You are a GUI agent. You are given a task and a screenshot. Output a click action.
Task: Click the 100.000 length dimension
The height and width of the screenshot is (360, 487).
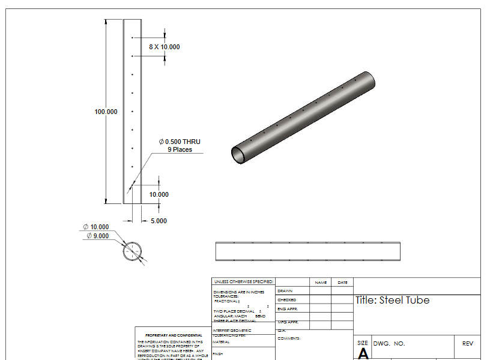click(x=106, y=112)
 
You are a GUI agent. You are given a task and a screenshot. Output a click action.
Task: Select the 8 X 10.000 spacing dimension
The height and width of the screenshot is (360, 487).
click(x=164, y=47)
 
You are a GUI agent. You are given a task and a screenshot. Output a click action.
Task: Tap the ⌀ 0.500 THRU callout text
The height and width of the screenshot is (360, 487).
click(x=180, y=142)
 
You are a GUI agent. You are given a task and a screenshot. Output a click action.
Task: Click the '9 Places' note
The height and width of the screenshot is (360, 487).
click(x=180, y=149)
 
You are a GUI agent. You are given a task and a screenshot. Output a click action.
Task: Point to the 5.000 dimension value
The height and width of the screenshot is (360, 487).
click(x=159, y=221)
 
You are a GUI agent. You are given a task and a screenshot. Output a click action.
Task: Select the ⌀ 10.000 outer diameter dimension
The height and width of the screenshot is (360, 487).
click(x=96, y=227)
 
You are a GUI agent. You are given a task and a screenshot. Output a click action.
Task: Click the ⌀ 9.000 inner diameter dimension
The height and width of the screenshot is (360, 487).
click(x=98, y=236)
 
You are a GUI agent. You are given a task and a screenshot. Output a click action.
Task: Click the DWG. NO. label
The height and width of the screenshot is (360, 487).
click(x=389, y=344)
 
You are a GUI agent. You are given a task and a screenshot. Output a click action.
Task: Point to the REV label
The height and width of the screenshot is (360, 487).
click(x=468, y=344)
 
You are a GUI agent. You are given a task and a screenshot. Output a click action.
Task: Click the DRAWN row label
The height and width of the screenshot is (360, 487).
click(x=285, y=291)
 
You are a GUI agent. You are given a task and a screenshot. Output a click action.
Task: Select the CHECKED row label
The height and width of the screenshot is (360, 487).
click(x=286, y=299)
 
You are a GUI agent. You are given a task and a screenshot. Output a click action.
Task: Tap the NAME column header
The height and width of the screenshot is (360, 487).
click(x=321, y=282)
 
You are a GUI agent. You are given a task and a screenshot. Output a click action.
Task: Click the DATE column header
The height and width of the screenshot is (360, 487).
click(x=342, y=282)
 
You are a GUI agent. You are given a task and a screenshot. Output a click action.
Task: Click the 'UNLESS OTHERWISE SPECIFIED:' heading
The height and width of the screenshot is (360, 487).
click(x=243, y=281)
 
